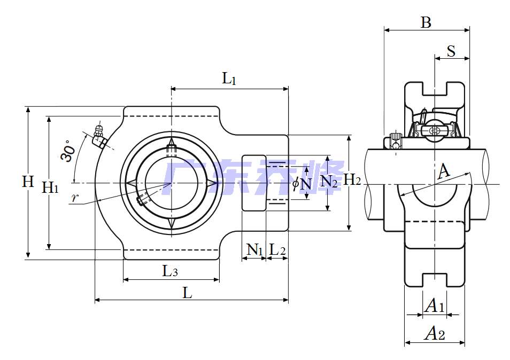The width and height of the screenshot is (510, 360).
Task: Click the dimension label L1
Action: coord(229,80)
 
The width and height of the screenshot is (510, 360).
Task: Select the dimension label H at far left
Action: coord(28,182)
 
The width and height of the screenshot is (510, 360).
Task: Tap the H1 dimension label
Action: coord(51,187)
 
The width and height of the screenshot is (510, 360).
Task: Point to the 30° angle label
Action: coord(67,151)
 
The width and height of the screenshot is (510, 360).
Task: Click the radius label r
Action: coord(75,198)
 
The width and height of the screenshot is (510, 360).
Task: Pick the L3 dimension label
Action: coord(170,271)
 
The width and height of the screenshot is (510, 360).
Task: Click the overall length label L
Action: coord(187,293)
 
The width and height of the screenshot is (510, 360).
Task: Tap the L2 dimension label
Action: coord(277,249)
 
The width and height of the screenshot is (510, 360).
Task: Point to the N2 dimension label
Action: coord(328,182)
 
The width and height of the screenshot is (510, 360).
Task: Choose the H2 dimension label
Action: coord(352,180)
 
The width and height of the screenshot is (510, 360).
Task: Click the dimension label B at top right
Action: coord(426,22)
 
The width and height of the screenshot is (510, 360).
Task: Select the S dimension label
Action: coord(451,51)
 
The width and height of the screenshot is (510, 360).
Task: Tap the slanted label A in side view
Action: coord(443,172)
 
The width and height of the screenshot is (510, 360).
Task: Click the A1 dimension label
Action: coord(434,306)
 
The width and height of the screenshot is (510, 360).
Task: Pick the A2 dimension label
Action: coord(434,334)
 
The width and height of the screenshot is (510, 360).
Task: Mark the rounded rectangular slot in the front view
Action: coord(254,183)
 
